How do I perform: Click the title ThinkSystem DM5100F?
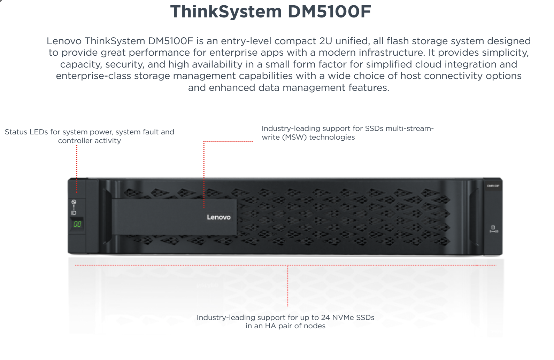[x=271, y=11]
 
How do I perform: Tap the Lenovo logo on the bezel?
[x=218, y=217]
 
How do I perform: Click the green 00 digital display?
[x=77, y=224]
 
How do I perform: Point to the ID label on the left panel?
[x=74, y=213]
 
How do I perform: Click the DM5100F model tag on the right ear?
[x=493, y=186]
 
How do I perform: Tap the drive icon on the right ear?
[x=493, y=227]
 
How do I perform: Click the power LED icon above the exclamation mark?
[x=74, y=202]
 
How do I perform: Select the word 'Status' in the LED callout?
[x=16, y=132]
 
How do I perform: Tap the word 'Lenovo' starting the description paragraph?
[x=64, y=41]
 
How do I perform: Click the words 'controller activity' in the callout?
[x=90, y=141]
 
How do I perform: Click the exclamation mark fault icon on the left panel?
[x=74, y=207]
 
